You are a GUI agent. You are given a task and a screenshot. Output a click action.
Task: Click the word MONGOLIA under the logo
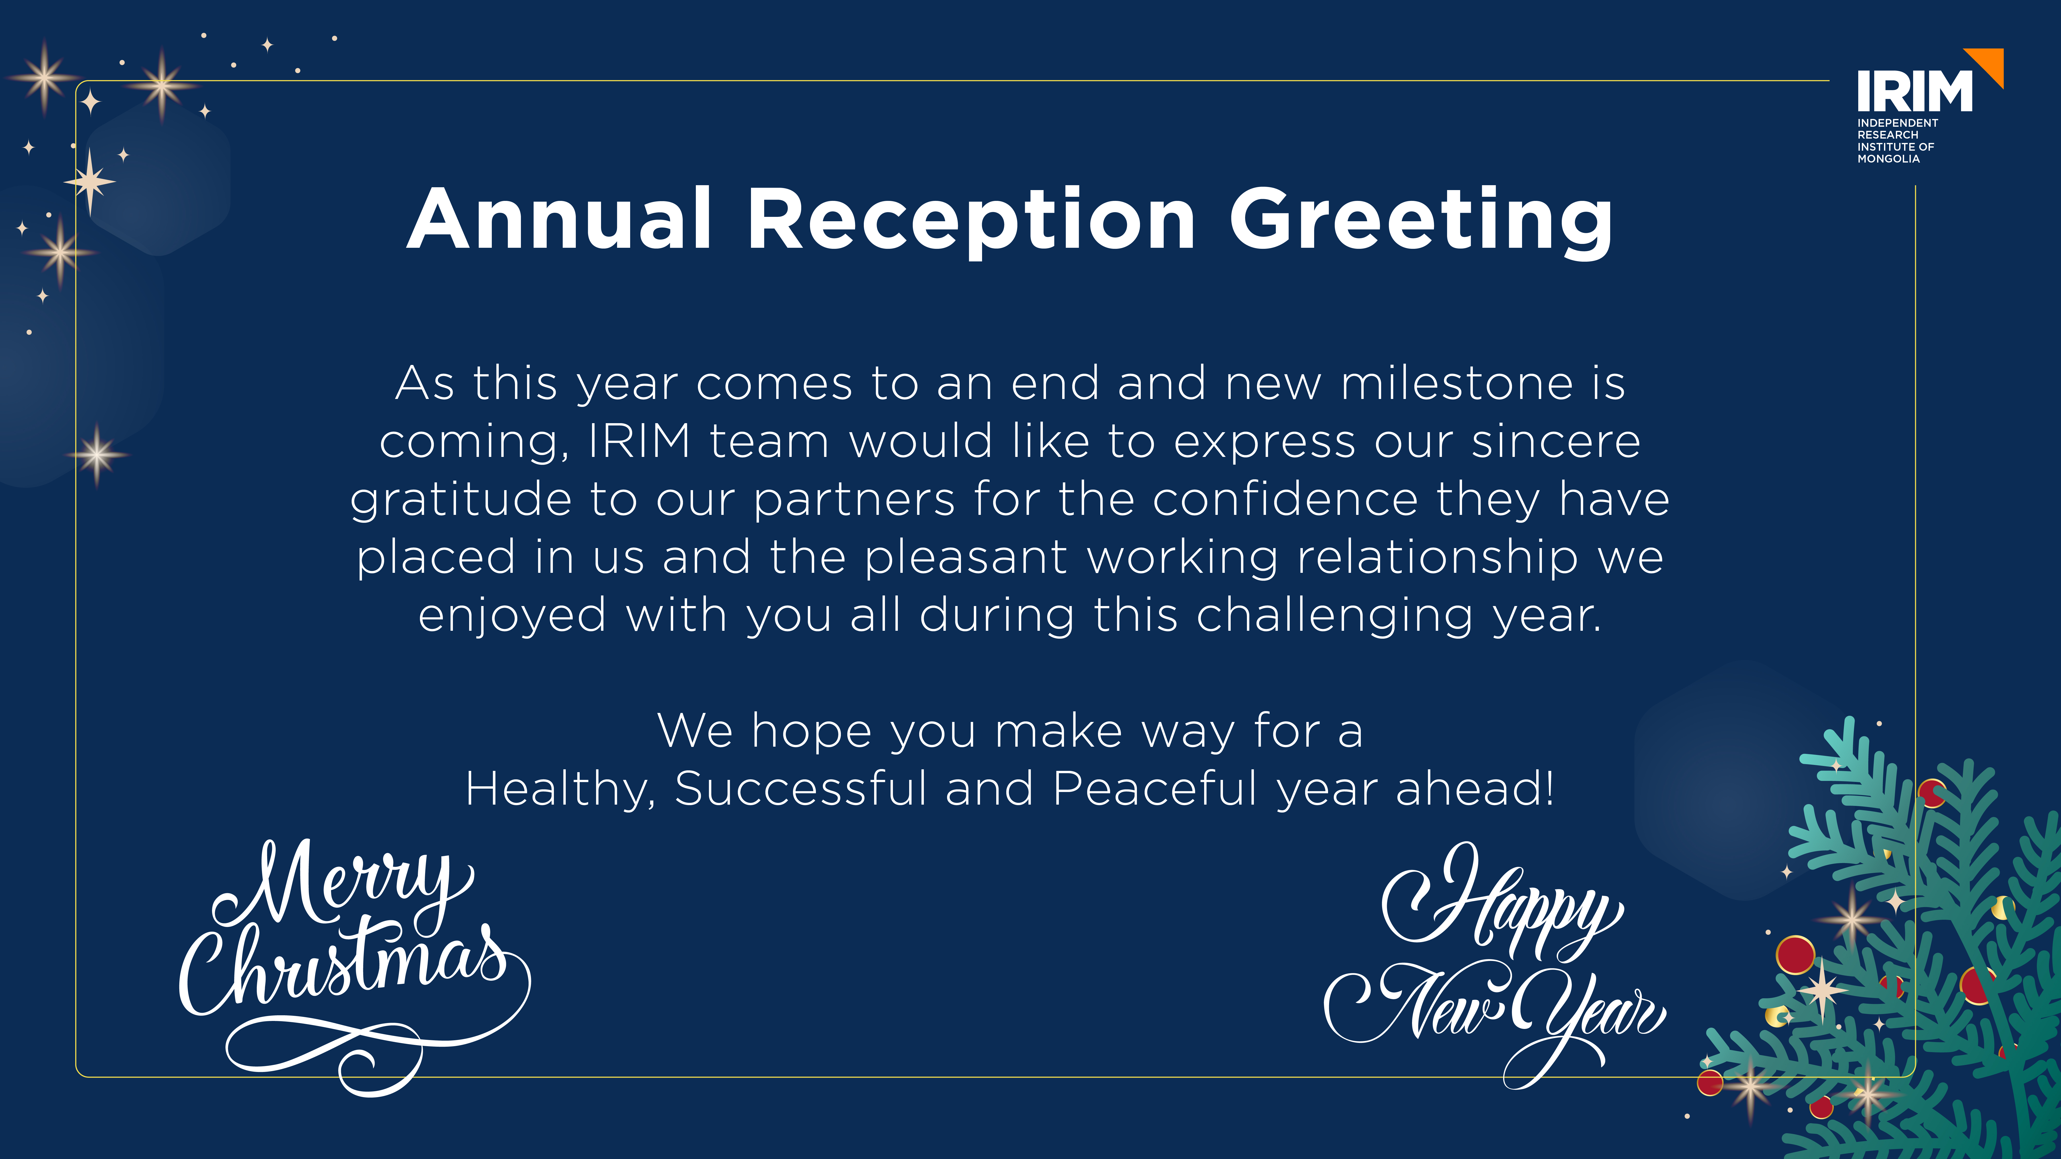(x=1888, y=159)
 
